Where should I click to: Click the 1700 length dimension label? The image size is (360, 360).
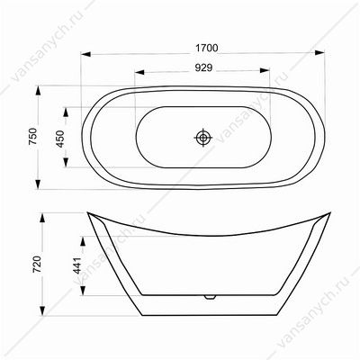click(x=207, y=48)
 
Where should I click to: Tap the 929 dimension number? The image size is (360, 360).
click(x=203, y=68)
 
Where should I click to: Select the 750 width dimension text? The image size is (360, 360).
click(x=32, y=137)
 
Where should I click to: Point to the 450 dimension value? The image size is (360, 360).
click(x=61, y=139)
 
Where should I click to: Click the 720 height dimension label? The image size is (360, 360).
click(x=37, y=264)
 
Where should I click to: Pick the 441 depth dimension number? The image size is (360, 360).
click(x=77, y=265)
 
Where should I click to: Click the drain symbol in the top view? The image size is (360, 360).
click(x=203, y=138)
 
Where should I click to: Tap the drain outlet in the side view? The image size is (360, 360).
click(x=210, y=297)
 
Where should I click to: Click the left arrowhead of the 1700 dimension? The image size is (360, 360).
click(x=85, y=54)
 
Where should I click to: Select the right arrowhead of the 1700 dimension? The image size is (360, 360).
click(x=319, y=53)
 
